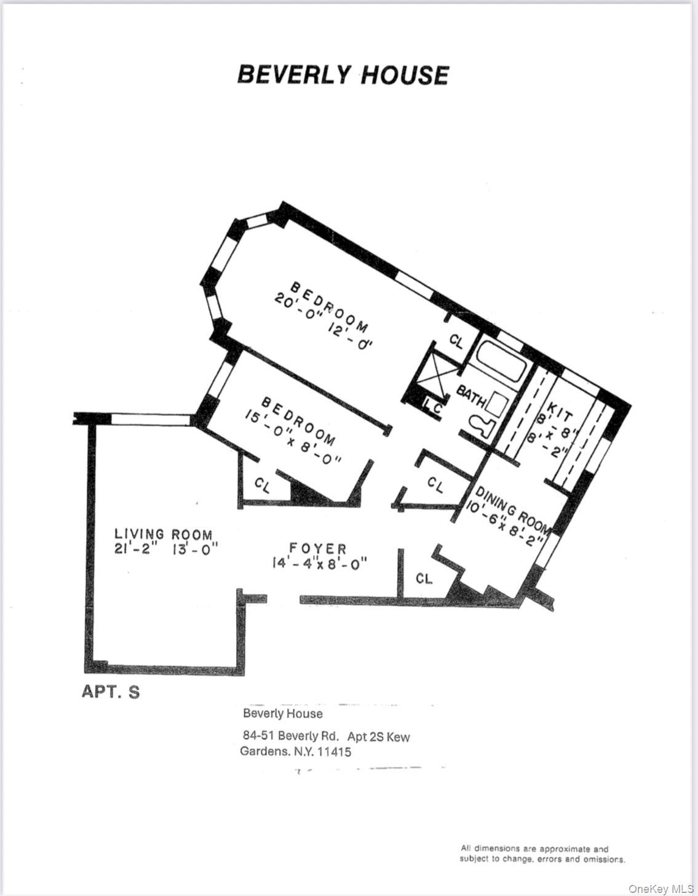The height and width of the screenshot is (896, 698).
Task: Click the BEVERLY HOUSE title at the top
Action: coord(343,75)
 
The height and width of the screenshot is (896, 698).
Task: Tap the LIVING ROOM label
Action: coord(163,534)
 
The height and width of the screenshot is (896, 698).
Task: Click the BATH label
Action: coord(470,396)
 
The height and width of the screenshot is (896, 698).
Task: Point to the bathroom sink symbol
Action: coord(497,404)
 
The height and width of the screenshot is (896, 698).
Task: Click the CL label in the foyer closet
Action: coord(424,578)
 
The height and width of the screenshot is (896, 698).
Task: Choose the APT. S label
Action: coord(111,692)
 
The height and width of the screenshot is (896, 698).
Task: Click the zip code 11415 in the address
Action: coord(333,751)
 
